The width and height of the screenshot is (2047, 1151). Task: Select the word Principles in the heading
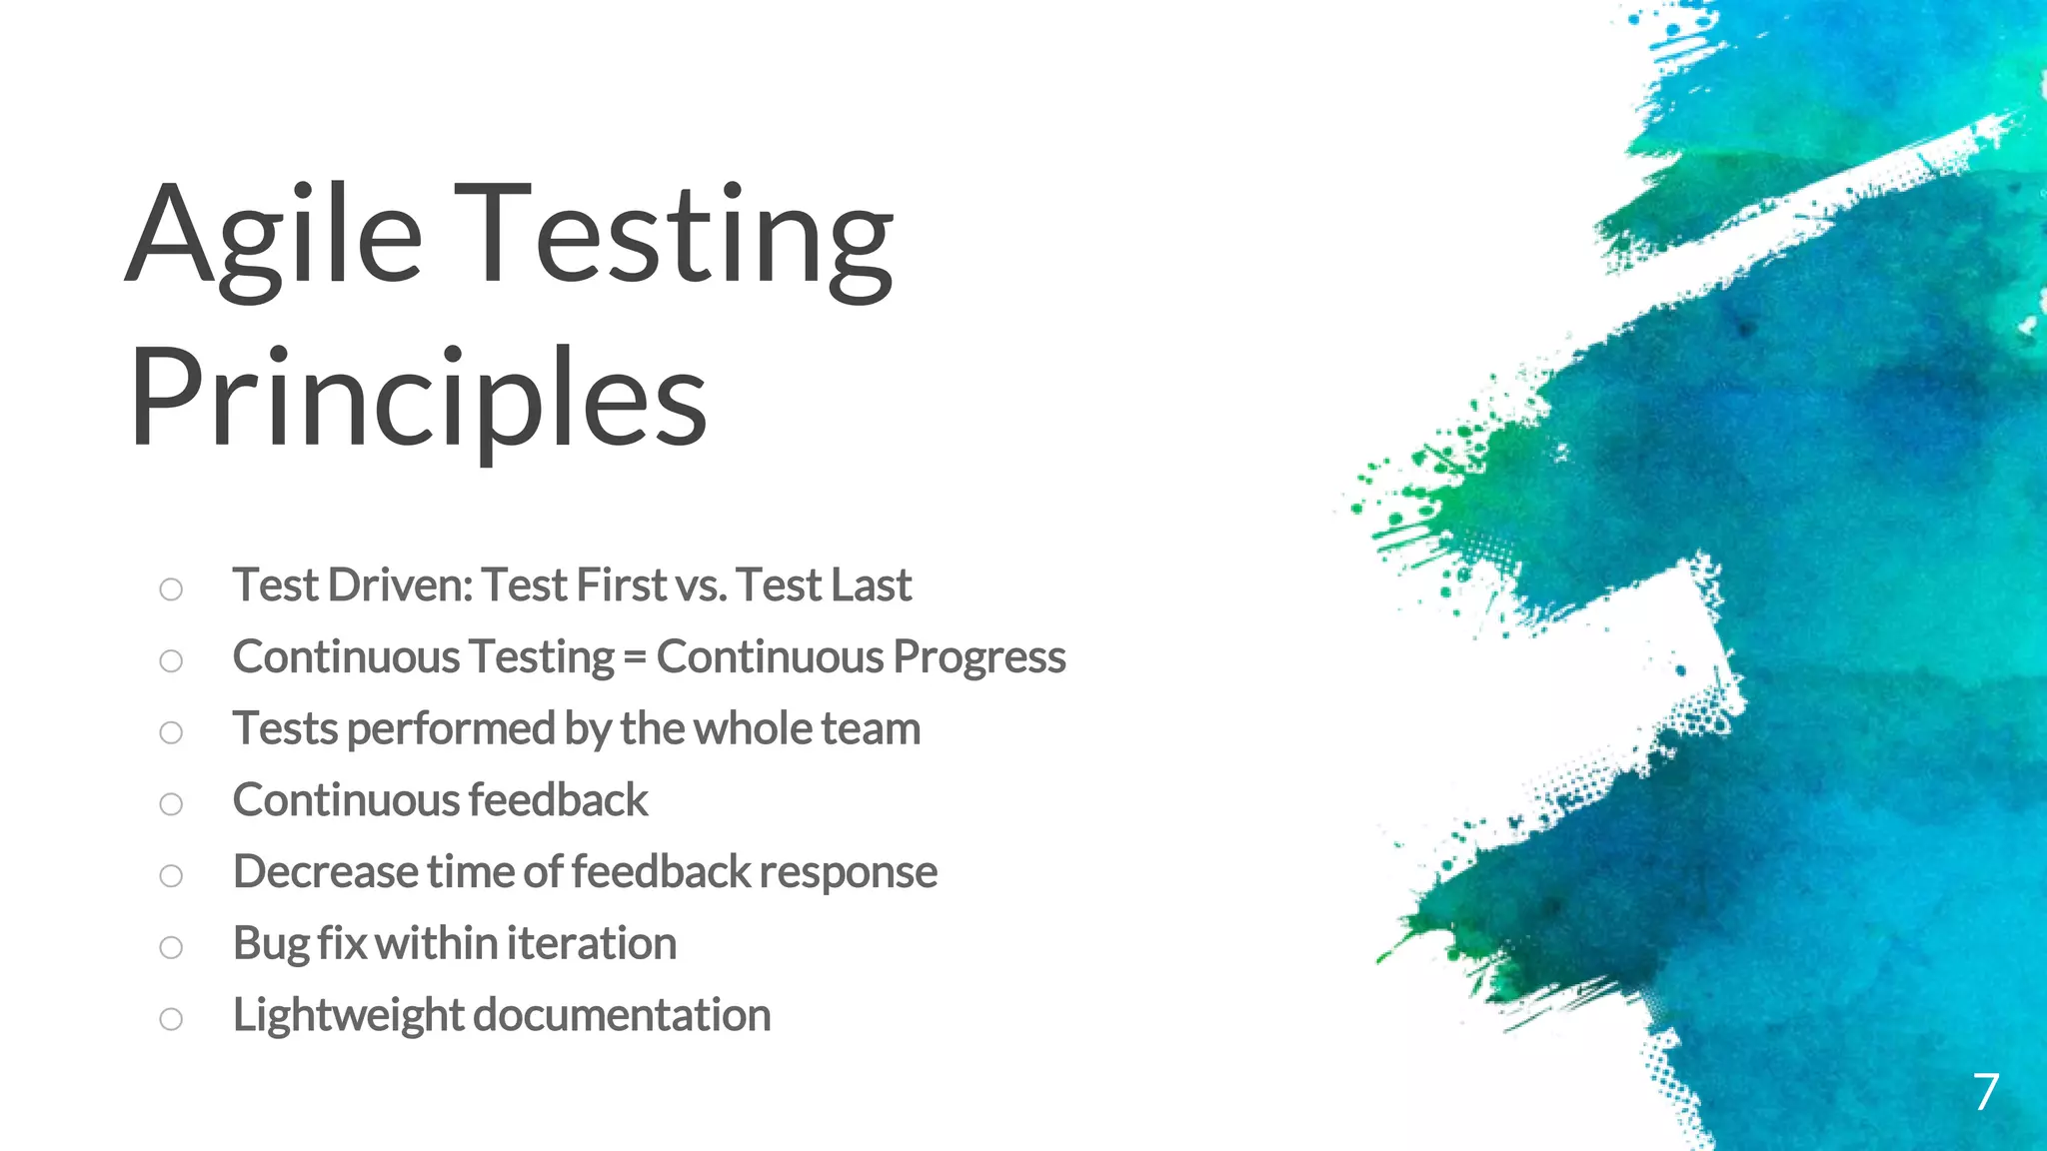(x=418, y=400)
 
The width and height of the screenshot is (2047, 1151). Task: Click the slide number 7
(x=1985, y=1091)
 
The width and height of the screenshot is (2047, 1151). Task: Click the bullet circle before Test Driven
(x=171, y=588)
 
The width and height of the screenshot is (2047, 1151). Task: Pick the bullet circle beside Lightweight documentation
(x=171, y=1018)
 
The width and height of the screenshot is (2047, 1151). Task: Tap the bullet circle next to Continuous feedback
(x=171, y=803)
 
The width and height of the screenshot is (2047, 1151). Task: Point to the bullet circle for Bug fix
(x=171, y=946)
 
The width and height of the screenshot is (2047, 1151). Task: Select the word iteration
(x=591, y=943)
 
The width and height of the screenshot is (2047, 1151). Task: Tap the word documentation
(x=621, y=1015)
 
